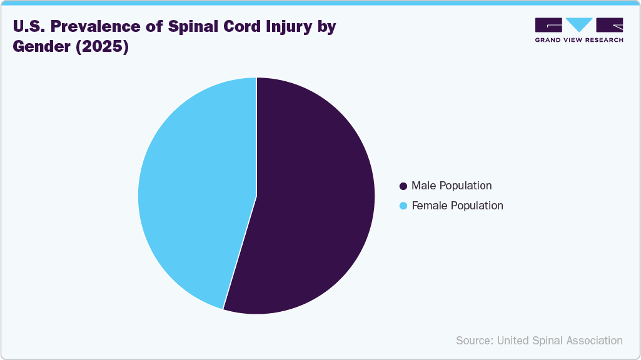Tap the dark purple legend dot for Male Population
(x=403, y=186)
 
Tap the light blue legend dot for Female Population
(x=403, y=206)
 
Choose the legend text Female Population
(x=457, y=206)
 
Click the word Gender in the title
(x=39, y=47)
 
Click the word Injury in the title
(x=287, y=27)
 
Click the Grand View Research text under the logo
(x=579, y=40)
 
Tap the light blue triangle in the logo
(x=579, y=24)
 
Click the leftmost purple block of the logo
(x=548, y=24)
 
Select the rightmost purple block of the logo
(x=610, y=24)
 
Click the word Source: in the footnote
(x=475, y=341)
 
